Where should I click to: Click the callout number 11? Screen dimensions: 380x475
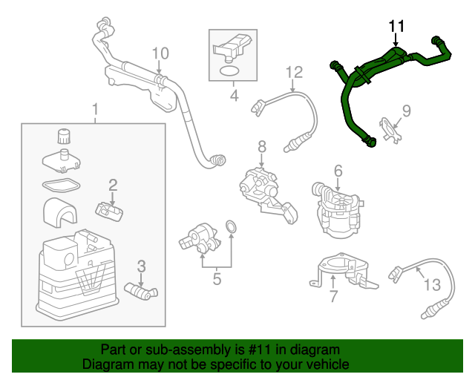click(397, 27)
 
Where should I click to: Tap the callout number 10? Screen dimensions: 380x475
click(160, 53)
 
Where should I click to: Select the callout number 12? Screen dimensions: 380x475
click(294, 72)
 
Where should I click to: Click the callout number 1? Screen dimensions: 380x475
click(95, 111)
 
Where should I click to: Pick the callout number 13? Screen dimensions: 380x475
click(432, 284)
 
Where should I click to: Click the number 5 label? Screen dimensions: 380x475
click(217, 280)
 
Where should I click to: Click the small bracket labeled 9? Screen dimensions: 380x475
click(390, 128)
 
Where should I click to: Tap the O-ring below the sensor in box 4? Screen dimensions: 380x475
click(231, 71)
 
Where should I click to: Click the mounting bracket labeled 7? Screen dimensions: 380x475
click(341, 271)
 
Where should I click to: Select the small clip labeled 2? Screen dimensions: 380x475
click(110, 212)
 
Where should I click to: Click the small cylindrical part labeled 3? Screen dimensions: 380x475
click(139, 289)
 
